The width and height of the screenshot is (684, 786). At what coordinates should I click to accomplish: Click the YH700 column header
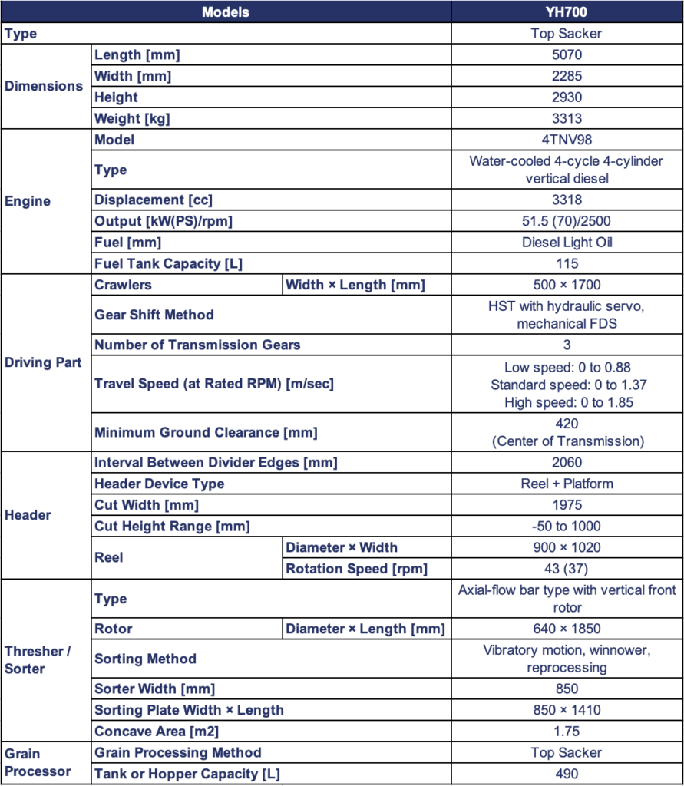coord(567,12)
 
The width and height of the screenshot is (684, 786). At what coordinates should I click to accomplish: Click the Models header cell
coord(225,12)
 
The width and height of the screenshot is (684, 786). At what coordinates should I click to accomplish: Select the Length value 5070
coord(567,55)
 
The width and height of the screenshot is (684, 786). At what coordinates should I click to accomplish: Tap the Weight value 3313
coord(567,118)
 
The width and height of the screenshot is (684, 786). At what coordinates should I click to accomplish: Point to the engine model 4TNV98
coord(567,140)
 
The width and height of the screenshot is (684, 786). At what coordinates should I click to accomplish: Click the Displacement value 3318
coord(567,200)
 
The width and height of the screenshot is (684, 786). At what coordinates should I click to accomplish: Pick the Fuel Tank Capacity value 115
coord(567,263)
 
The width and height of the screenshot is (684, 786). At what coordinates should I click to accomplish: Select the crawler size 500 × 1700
coord(567,285)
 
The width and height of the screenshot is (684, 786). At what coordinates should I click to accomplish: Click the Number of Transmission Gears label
coord(197,345)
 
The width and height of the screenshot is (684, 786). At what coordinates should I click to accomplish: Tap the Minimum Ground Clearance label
coord(205,432)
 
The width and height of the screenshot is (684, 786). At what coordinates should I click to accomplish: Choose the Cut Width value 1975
coord(567,505)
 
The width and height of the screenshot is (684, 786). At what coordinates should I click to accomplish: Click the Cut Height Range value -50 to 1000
coord(567,527)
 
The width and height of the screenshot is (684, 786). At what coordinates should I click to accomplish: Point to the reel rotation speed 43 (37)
coord(567,569)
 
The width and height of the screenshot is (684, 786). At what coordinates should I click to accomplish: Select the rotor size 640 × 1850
coord(567,629)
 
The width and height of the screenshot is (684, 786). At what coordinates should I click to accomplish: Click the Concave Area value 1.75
coord(567,731)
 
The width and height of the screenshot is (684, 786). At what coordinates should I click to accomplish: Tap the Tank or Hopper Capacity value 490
coord(567,774)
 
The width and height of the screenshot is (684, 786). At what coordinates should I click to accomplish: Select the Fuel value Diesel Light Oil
coord(567,242)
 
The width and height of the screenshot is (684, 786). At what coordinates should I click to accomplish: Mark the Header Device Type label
coord(160,484)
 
